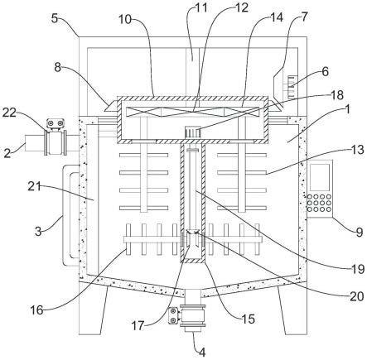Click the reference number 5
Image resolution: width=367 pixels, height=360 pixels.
click(55, 18)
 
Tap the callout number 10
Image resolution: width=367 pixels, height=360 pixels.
click(125, 20)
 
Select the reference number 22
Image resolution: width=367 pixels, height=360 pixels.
click(9, 113)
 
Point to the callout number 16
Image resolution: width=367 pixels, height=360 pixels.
click(36, 310)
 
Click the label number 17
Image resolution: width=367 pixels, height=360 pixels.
click(138, 326)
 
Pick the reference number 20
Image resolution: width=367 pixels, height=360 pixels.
click(357, 296)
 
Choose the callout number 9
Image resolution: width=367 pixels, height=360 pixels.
click(359, 232)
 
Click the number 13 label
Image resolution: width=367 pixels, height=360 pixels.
click(358, 150)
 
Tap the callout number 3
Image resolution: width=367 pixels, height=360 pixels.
click(38, 231)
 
